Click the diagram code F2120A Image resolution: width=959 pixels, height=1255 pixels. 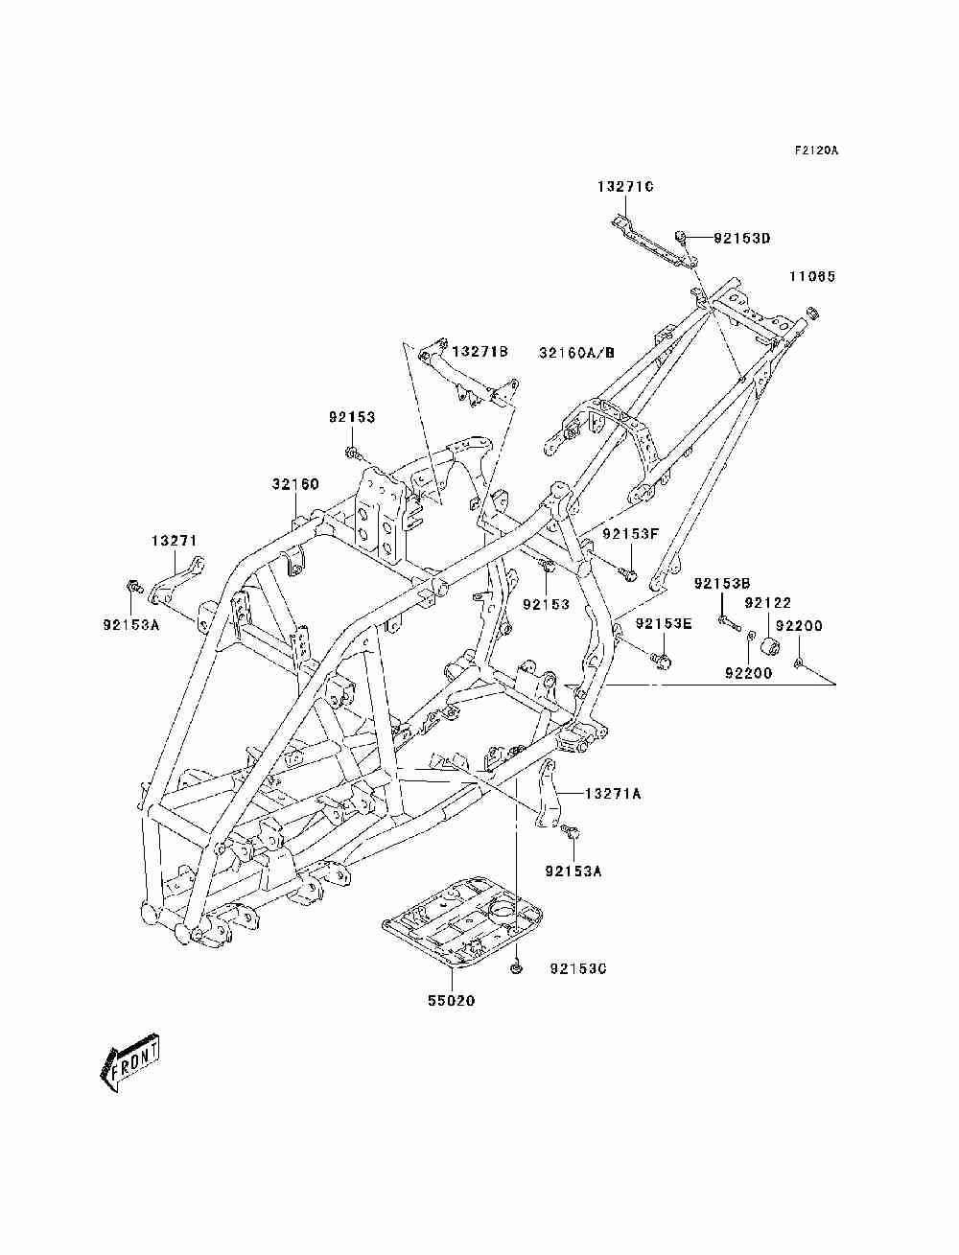click(815, 151)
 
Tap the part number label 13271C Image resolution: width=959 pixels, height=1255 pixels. click(625, 186)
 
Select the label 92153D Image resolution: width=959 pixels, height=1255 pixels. click(741, 238)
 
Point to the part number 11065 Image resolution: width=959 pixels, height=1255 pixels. click(812, 276)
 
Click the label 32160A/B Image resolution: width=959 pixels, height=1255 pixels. click(576, 352)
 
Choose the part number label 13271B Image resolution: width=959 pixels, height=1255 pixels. click(479, 351)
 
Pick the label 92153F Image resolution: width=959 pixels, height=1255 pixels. click(630, 533)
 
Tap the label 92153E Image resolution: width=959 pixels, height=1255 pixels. click(664, 623)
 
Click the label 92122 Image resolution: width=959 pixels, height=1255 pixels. click(767, 603)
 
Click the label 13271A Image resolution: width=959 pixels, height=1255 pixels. click(613, 794)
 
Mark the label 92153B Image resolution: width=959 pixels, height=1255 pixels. click(722, 583)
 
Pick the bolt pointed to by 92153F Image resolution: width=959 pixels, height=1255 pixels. click(628, 572)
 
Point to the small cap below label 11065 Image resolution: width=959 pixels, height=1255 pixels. click(812, 313)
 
